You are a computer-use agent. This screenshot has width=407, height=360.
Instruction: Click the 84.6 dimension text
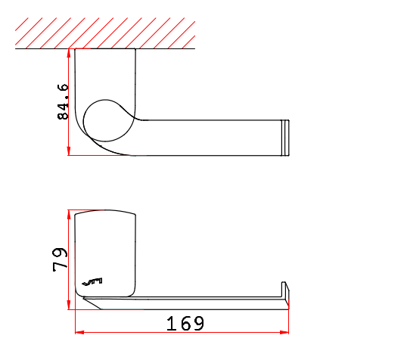click(63, 101)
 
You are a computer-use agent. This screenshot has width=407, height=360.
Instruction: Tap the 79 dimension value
click(60, 259)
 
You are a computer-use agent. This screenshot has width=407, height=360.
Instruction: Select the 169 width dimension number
click(185, 324)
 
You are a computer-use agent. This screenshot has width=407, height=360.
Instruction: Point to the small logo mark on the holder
click(92, 281)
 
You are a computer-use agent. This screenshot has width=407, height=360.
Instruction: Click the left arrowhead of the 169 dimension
click(79, 332)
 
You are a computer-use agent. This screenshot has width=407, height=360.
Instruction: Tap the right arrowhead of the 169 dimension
click(284, 332)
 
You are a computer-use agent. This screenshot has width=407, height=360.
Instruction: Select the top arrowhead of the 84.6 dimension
click(69, 53)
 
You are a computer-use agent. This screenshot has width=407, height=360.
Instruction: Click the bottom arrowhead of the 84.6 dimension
click(69, 151)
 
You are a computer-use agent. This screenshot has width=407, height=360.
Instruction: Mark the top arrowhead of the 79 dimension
click(69, 214)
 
